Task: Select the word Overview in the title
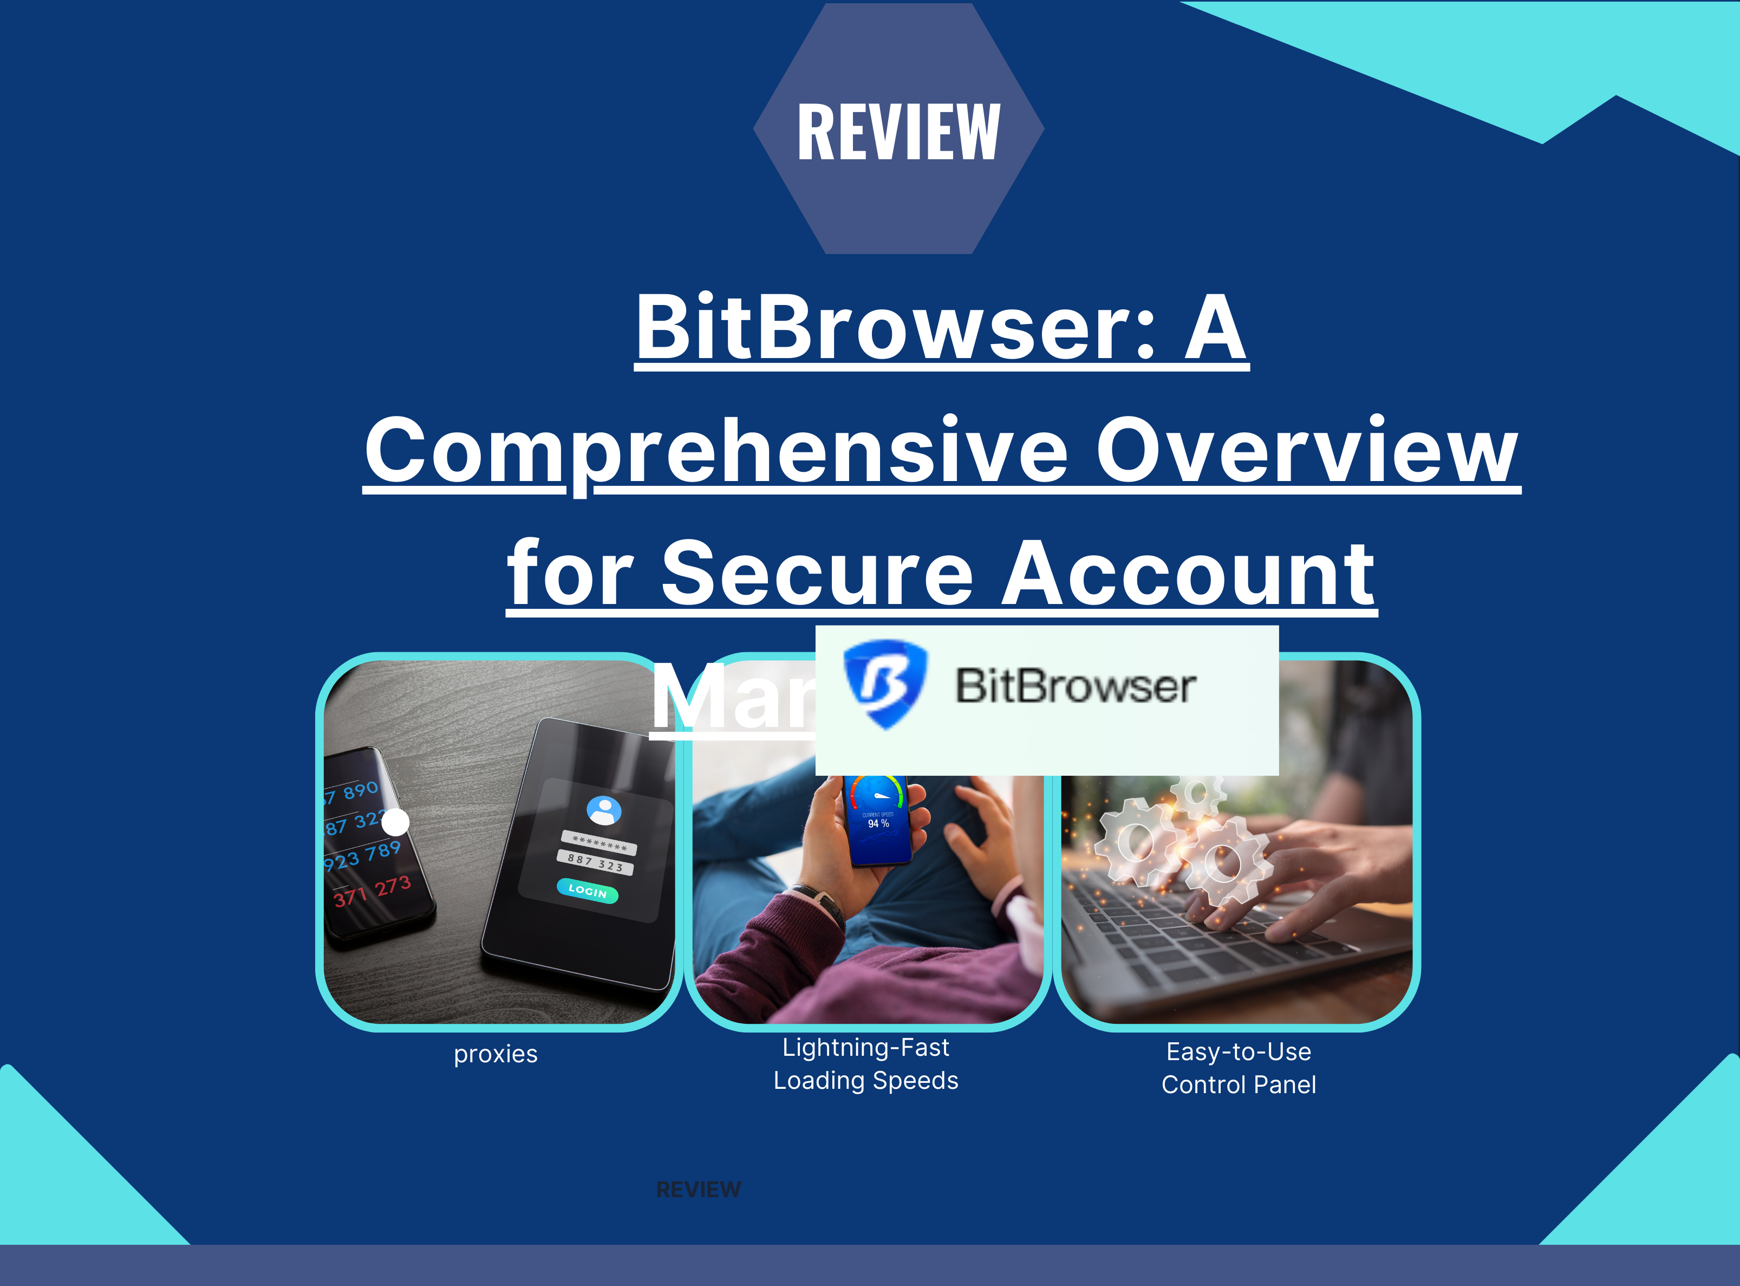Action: click(1307, 451)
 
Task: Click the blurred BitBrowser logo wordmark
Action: click(1076, 686)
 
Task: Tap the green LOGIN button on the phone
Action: click(588, 891)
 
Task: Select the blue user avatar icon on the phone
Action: click(604, 810)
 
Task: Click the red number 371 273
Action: click(372, 891)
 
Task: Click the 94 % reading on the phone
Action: click(878, 823)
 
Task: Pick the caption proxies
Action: click(496, 1054)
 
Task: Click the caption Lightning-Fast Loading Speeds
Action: click(865, 1064)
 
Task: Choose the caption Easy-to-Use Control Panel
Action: click(1238, 1068)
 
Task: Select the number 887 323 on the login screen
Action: click(595, 862)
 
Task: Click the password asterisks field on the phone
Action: click(599, 843)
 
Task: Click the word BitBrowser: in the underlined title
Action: click(895, 328)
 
